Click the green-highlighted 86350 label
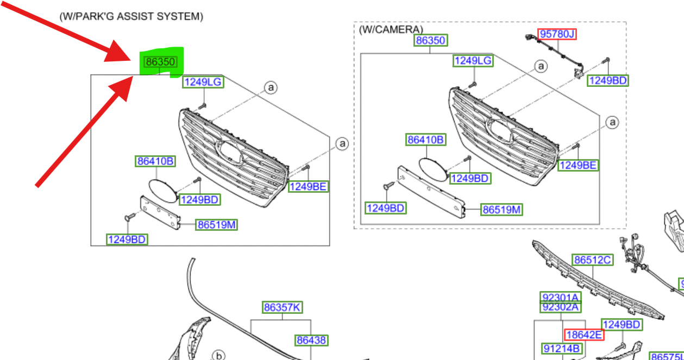160,62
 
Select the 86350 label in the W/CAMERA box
430,40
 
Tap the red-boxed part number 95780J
556,34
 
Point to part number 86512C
593,260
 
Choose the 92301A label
560,297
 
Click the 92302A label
560,307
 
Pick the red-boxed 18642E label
583,335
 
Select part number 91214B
561,349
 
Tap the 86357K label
282,307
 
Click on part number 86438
311,340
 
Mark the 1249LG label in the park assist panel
203,82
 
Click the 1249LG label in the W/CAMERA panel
473,61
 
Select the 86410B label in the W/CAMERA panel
426,140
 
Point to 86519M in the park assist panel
217,225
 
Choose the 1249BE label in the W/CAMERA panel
578,165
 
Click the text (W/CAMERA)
391,29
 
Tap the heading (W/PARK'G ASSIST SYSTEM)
131,17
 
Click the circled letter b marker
218,356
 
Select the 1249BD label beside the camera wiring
608,81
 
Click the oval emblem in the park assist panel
162,191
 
